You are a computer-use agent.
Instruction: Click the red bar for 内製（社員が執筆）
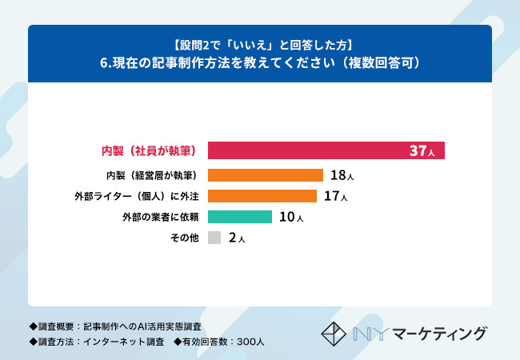[x=320, y=150]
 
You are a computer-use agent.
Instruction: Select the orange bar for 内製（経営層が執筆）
[x=265, y=175]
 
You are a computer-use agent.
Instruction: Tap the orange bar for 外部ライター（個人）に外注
[x=262, y=196]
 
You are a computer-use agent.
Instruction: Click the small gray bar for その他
[x=214, y=238]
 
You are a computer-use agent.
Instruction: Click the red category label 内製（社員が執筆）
[x=148, y=150]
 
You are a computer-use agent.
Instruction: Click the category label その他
[x=183, y=238]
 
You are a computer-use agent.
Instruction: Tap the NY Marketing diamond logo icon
[x=336, y=332]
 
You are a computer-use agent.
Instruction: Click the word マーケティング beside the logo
[x=439, y=333]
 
